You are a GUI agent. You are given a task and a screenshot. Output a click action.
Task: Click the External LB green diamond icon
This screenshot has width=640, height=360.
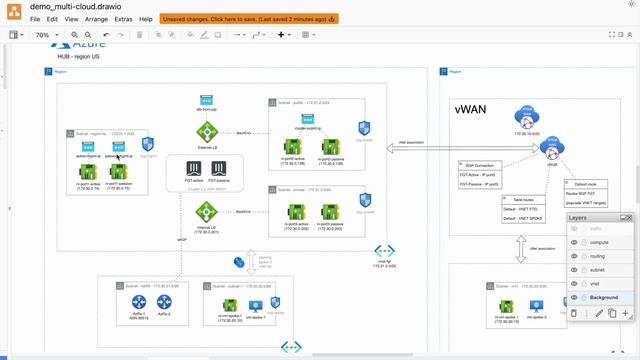tap(207, 131)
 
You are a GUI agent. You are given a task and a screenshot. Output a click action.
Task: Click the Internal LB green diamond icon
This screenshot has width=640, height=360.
tap(207, 211)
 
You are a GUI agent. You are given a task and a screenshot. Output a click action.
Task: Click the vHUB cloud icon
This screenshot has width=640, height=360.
tap(549, 148)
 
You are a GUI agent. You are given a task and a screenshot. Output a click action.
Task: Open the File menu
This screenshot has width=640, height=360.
tap(36, 19)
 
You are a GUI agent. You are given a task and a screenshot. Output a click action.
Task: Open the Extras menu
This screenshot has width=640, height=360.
tap(123, 19)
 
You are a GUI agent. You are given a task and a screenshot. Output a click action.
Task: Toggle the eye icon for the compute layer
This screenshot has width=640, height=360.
tap(575, 242)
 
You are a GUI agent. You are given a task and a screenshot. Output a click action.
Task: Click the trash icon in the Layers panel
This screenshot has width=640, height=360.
tap(574, 314)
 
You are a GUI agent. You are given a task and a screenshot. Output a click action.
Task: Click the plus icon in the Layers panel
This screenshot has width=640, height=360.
tap(625, 314)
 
